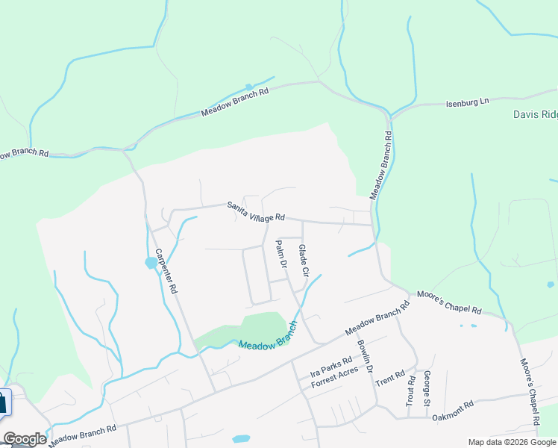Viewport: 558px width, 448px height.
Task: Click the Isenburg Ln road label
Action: tap(467, 103)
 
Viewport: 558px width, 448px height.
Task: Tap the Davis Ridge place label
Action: tap(535, 114)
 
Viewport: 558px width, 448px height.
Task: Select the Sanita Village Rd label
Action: tap(256, 212)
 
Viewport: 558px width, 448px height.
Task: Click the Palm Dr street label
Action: tap(281, 254)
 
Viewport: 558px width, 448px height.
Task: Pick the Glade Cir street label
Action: tap(304, 261)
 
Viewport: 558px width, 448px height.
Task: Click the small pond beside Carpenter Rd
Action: tap(151, 263)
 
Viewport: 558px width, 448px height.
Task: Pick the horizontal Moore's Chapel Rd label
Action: tap(449, 302)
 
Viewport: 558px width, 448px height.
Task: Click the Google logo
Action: tap(25, 439)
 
